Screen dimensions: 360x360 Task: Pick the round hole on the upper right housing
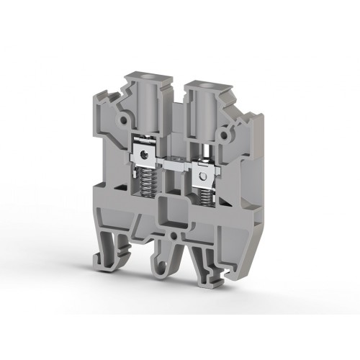click(x=229, y=132)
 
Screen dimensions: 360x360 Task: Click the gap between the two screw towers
click(x=175, y=108)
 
